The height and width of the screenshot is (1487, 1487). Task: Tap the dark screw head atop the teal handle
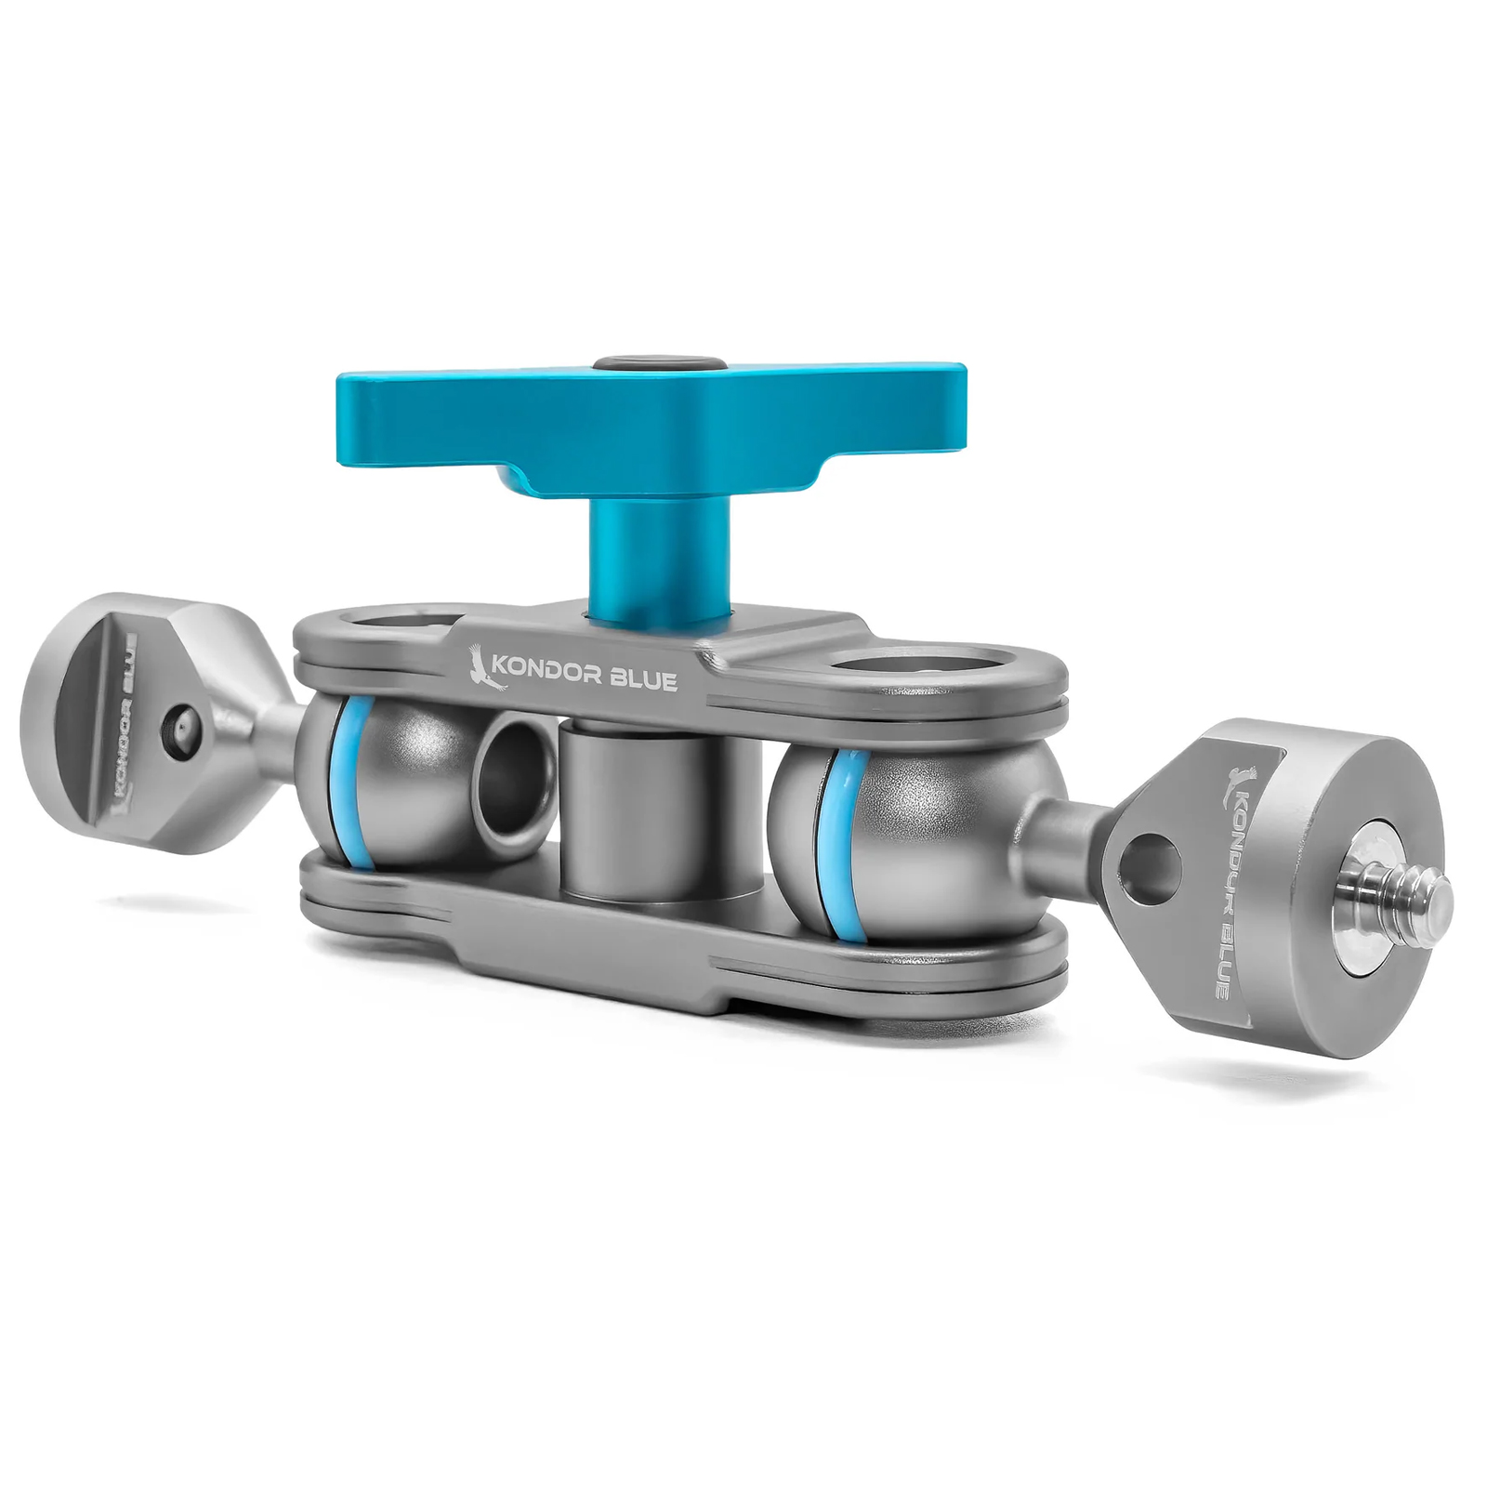tap(661, 362)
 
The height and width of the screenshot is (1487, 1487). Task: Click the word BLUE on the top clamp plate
tap(645, 679)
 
